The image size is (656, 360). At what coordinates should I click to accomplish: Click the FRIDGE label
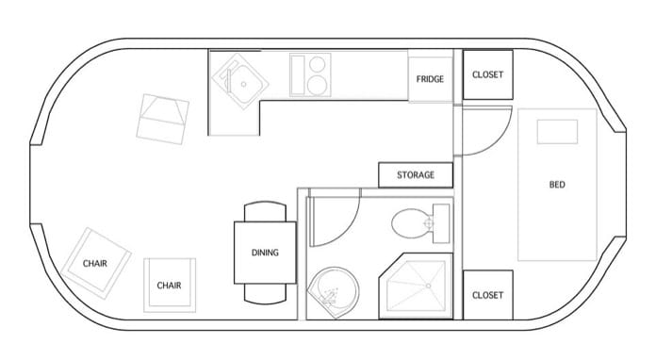430,79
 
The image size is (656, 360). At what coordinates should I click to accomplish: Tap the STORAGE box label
416,174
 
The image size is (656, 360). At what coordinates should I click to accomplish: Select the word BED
557,185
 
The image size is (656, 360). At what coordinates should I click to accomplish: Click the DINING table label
265,253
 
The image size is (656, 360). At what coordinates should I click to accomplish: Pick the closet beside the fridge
487,74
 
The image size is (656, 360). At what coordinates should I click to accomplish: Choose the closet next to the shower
487,295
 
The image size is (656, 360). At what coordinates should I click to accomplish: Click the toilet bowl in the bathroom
411,223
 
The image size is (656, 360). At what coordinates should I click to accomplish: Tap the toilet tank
441,223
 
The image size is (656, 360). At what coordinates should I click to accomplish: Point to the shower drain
428,286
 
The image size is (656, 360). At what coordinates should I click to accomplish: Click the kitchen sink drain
243,84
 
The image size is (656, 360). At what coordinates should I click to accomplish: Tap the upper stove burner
317,64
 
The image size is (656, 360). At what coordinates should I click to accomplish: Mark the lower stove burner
317,85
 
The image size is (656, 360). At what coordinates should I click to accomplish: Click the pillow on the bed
557,132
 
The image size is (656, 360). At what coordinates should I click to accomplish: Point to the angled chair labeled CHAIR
96,264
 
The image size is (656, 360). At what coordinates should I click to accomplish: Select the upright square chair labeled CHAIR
170,286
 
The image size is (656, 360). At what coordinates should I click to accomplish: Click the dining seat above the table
265,211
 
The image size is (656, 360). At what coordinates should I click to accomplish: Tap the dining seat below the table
265,294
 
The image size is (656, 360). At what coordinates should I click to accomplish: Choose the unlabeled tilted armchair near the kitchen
163,119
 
